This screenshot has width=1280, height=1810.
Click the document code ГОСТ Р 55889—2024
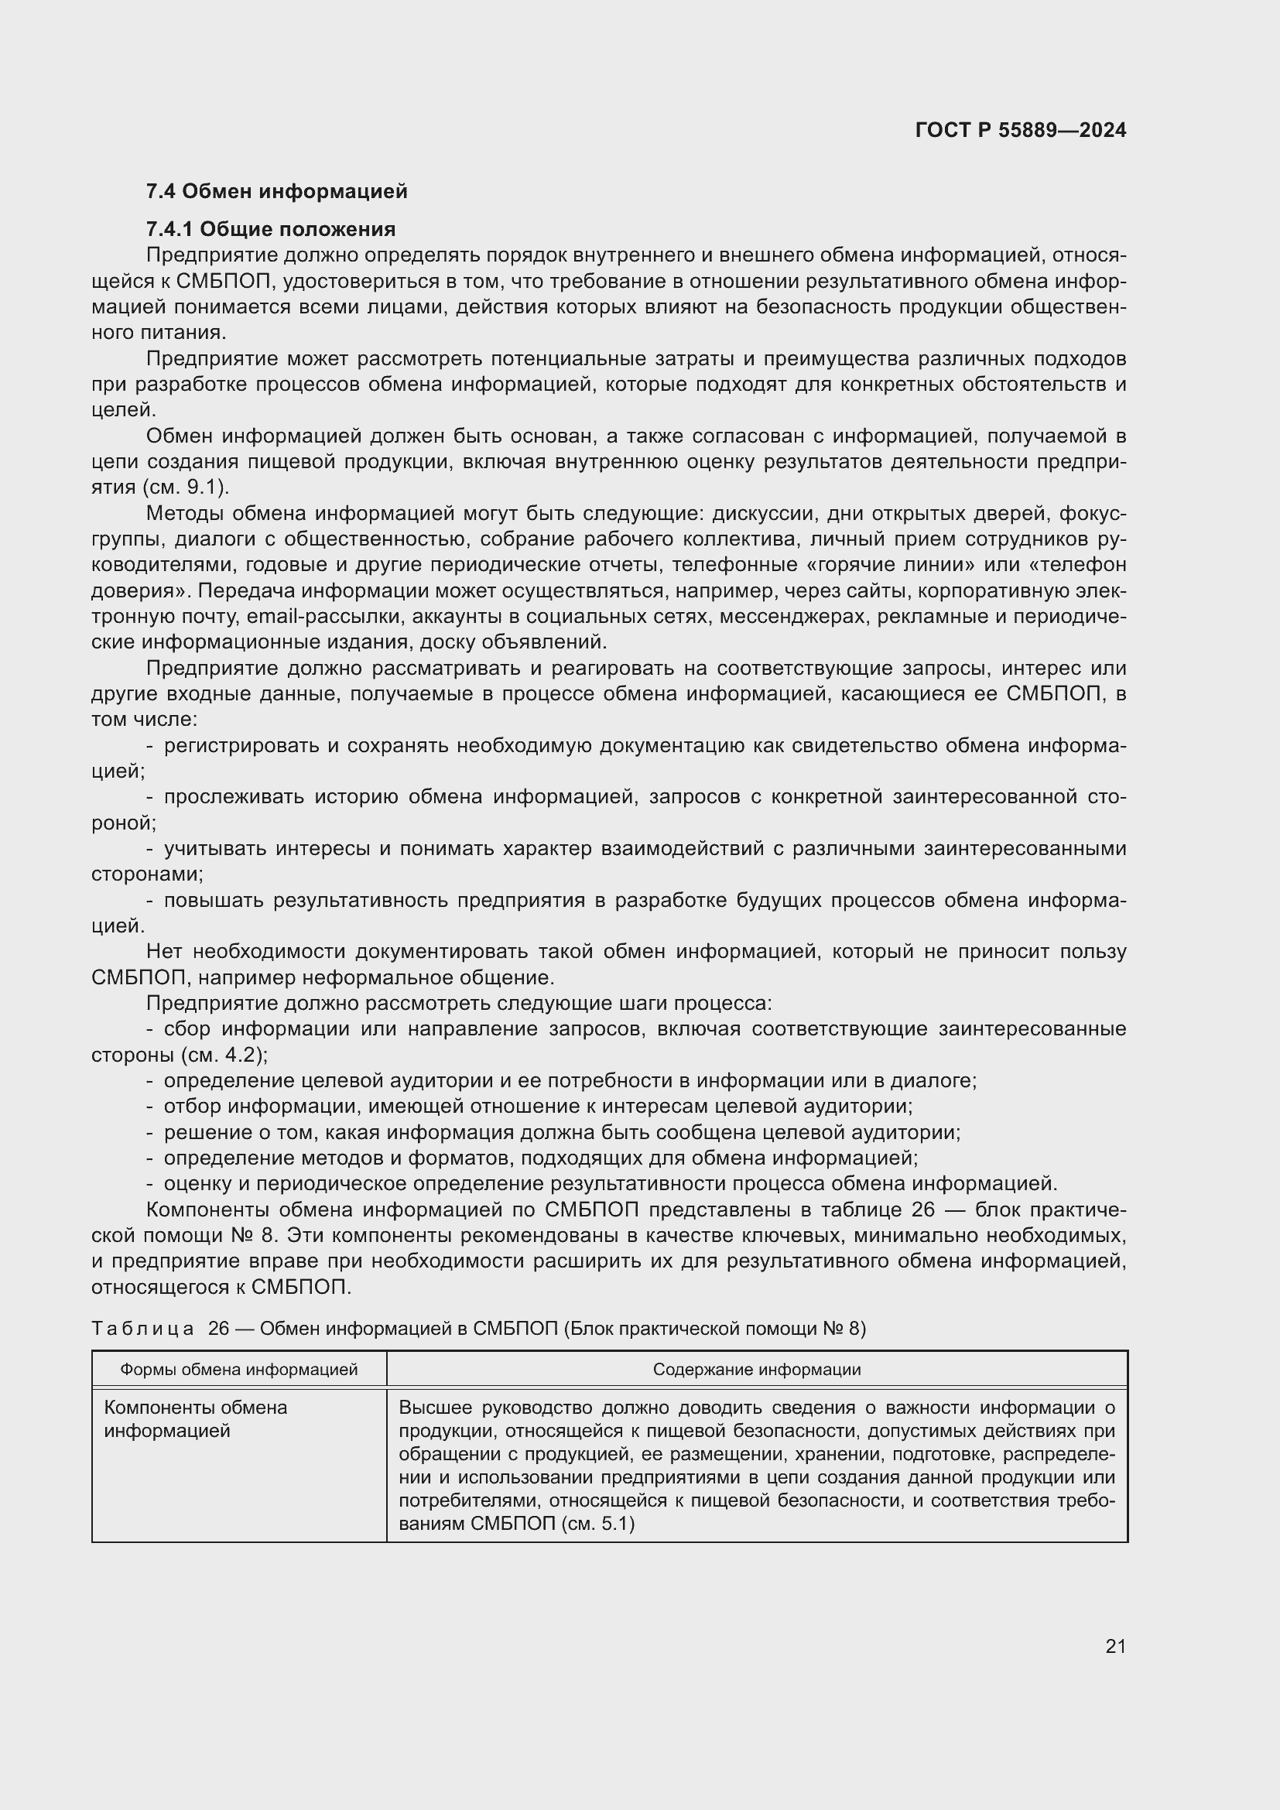pos(1020,130)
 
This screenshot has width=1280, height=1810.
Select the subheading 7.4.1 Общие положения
pos(270,229)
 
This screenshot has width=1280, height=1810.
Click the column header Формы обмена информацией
pos(239,1370)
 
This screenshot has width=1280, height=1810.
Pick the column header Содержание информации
pos(756,1370)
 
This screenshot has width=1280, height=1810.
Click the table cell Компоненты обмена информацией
pos(196,1419)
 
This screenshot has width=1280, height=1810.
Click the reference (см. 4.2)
pos(224,1055)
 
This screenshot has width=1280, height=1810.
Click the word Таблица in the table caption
pos(142,1329)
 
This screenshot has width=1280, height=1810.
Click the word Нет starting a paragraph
pos(165,952)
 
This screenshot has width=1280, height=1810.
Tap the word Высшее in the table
pos(436,1408)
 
